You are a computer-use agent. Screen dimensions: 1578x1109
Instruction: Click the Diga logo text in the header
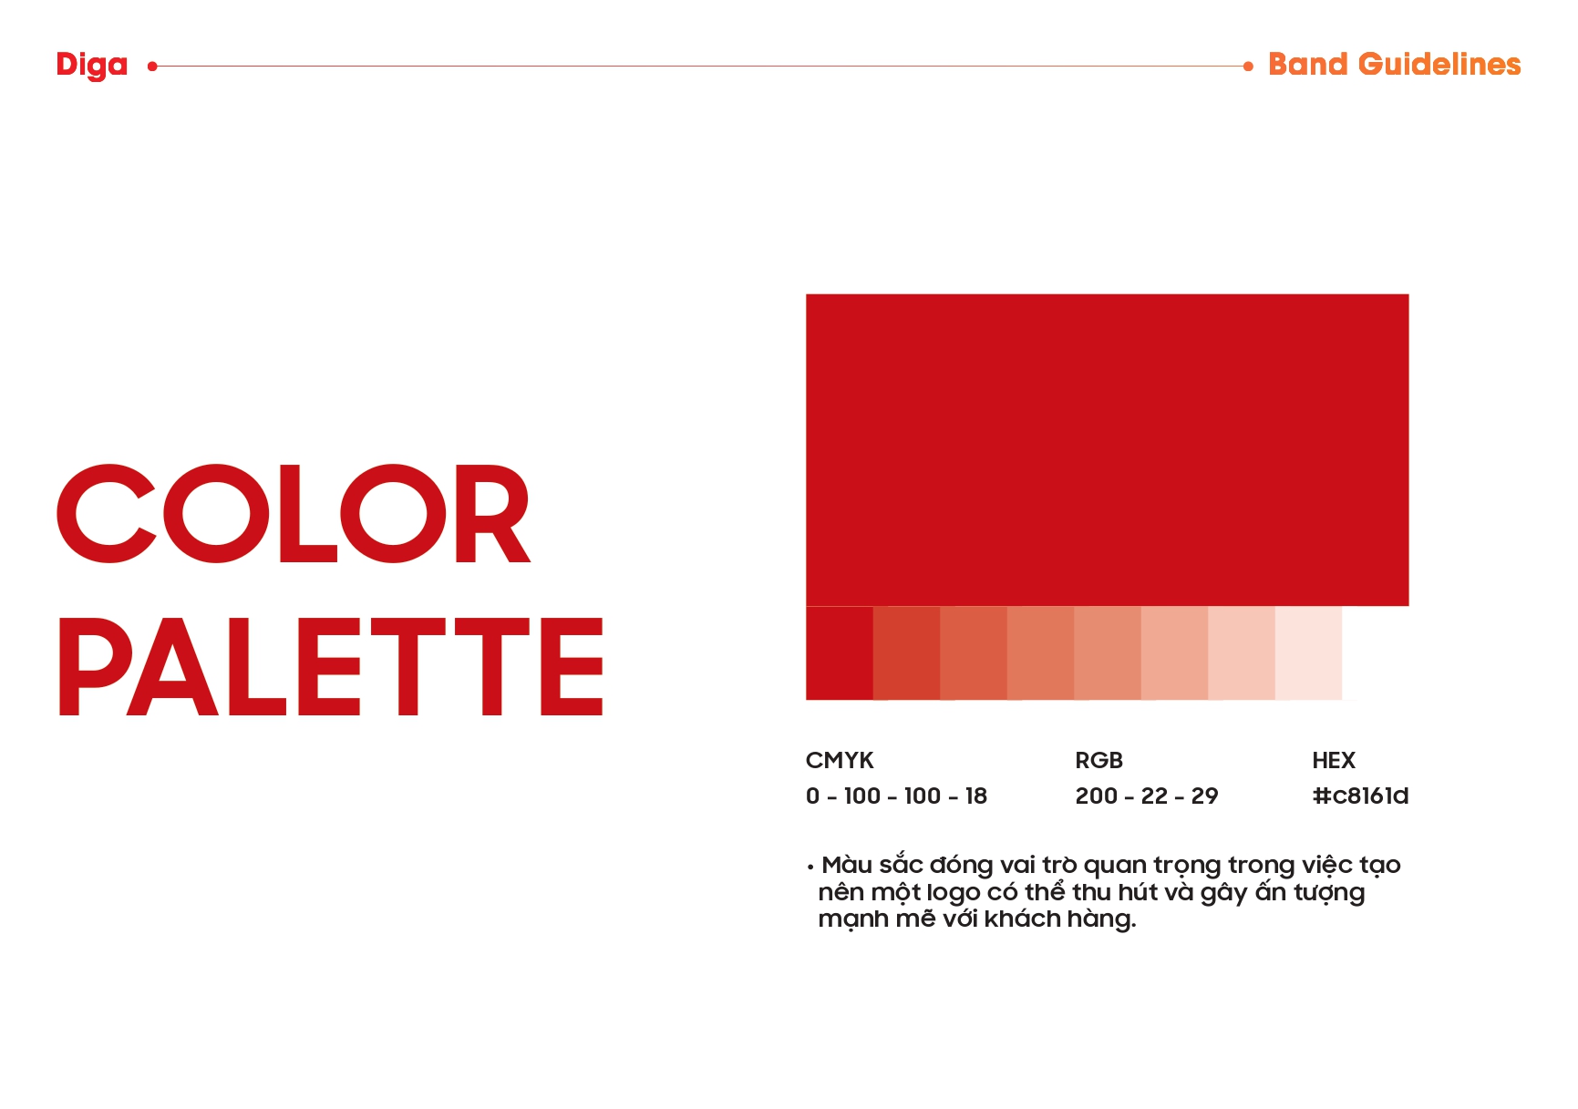tap(91, 66)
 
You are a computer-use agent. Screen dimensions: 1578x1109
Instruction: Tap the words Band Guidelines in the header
tap(1394, 65)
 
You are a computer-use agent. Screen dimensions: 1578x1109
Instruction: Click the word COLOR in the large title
tap(294, 514)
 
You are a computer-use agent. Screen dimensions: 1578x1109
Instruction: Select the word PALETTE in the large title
tap(330, 666)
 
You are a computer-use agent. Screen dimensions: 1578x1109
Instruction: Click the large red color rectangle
tap(1107, 450)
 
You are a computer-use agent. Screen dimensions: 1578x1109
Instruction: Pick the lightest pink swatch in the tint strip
tap(1308, 653)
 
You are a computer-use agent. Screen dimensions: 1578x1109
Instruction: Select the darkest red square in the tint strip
tap(840, 653)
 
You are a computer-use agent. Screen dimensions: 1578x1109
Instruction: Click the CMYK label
tap(840, 760)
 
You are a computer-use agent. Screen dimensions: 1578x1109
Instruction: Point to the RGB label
tap(1098, 760)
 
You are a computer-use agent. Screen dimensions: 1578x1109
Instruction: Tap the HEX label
tap(1334, 760)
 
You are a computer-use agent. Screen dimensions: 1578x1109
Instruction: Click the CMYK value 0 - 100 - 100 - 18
tap(896, 796)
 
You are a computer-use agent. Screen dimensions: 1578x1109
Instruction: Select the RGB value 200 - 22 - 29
tap(1147, 796)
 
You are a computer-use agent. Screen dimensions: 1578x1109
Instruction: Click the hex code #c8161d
tap(1360, 796)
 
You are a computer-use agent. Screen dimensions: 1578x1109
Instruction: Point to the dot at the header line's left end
tap(152, 66)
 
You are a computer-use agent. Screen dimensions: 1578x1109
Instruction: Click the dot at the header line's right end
tap(1248, 66)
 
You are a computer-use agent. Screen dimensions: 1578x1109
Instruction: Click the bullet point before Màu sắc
tap(810, 867)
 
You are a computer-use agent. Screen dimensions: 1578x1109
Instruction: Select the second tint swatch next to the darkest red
tap(906, 653)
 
